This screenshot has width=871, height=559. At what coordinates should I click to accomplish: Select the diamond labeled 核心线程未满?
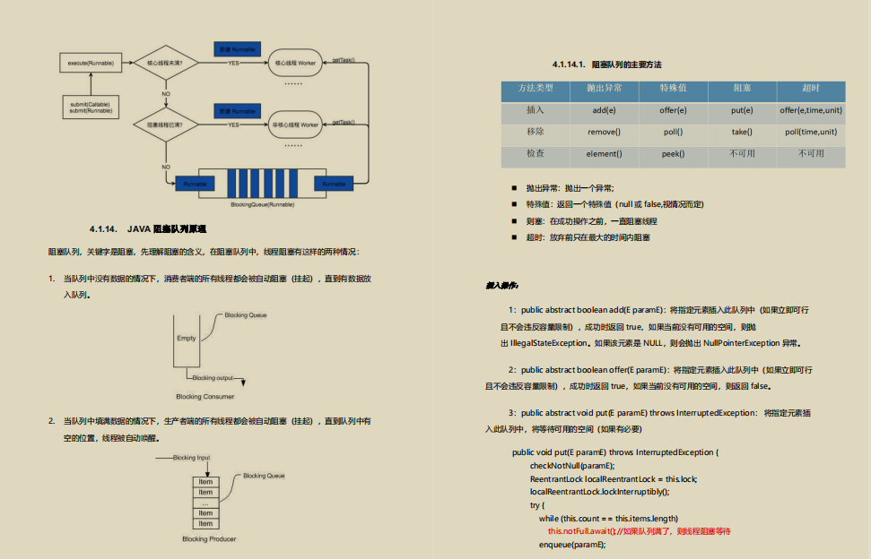coord(166,64)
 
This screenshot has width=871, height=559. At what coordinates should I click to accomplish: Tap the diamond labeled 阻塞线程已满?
coord(166,125)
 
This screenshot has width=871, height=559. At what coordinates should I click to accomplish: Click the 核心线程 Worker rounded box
coord(293,64)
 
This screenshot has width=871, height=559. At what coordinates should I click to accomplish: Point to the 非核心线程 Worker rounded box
coord(293,125)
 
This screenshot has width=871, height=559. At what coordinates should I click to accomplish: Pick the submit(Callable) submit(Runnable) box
coord(91,107)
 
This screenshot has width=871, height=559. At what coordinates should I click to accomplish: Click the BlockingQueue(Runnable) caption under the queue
coord(261,204)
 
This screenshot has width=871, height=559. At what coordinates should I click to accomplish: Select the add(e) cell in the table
coord(604,110)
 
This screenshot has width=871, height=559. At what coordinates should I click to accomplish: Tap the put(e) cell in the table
coord(741,110)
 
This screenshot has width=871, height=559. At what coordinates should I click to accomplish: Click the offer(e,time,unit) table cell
coord(811,110)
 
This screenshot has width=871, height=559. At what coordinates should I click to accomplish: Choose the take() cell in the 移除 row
coord(741,132)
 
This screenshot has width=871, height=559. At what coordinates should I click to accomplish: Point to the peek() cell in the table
coord(673,154)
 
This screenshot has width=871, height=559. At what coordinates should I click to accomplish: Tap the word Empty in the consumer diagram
coord(186,338)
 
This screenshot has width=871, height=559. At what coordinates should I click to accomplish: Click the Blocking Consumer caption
coord(205,396)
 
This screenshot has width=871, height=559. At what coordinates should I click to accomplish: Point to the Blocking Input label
coord(191,458)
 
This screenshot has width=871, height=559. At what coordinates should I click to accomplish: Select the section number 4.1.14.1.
coord(569,64)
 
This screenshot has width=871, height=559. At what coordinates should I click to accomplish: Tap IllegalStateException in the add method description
coord(547,343)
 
